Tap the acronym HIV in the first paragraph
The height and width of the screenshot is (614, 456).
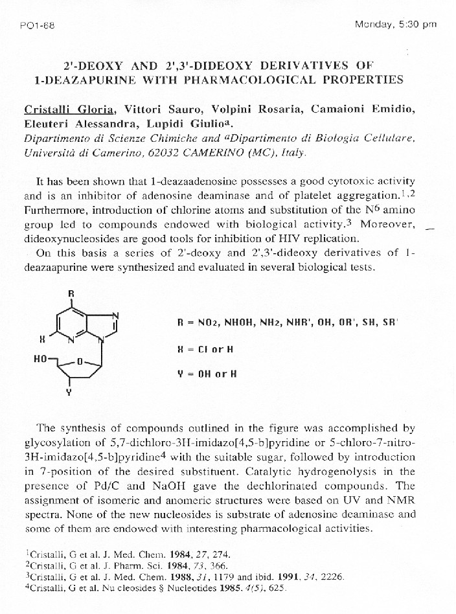(314, 238)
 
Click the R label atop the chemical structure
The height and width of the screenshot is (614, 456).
(71, 293)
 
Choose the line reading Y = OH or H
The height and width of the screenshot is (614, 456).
(207, 374)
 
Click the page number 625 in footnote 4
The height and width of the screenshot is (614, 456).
(277, 588)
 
